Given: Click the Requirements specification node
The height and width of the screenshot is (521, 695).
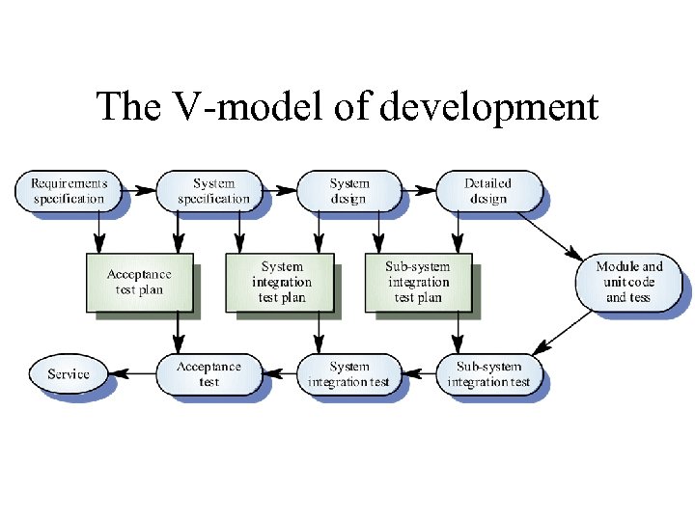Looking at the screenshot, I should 69,191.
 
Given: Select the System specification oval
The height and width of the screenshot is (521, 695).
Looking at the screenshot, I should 213,191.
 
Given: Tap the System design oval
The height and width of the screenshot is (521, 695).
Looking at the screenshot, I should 348,191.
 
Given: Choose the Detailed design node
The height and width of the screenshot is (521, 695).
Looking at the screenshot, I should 487,191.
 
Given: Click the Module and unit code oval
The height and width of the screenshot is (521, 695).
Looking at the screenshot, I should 628,282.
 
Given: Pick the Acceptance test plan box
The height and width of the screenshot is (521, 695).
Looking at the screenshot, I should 139,282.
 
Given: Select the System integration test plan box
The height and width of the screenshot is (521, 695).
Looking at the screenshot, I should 281,282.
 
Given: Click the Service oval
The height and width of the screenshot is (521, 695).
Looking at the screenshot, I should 68,374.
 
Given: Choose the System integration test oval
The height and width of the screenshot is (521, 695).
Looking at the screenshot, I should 348,374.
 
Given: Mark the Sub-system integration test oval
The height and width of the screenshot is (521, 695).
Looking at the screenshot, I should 488,374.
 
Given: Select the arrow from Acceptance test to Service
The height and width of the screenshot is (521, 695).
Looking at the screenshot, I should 133,374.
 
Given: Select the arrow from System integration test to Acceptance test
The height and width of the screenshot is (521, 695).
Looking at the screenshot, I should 280,374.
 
